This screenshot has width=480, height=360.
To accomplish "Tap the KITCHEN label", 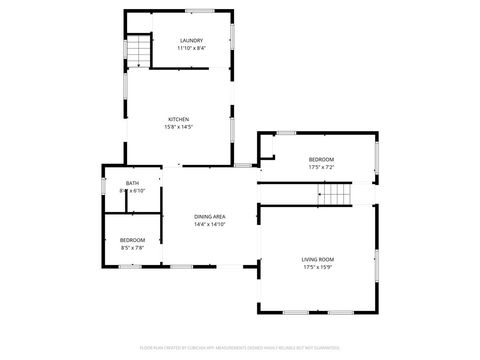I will [178, 119].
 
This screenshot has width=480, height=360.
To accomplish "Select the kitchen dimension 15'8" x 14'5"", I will [178, 126].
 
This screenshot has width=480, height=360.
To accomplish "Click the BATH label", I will [133, 183].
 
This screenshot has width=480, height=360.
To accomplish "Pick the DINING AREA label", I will [209, 217].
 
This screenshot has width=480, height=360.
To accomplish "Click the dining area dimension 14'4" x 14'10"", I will [209, 224].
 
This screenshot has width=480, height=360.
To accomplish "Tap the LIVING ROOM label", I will [318, 260].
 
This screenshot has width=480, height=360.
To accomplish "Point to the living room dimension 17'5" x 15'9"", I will [318, 268].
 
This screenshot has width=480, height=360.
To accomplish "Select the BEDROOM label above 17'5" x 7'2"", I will [321, 160].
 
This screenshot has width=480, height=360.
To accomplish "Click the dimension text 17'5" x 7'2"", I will [321, 167].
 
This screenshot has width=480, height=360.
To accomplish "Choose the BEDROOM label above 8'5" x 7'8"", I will [132, 240].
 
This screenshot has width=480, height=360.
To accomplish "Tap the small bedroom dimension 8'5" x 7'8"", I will [132, 247].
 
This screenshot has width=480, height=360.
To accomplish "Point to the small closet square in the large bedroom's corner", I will [266, 148].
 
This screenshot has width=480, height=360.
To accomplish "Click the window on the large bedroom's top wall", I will [287, 132].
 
